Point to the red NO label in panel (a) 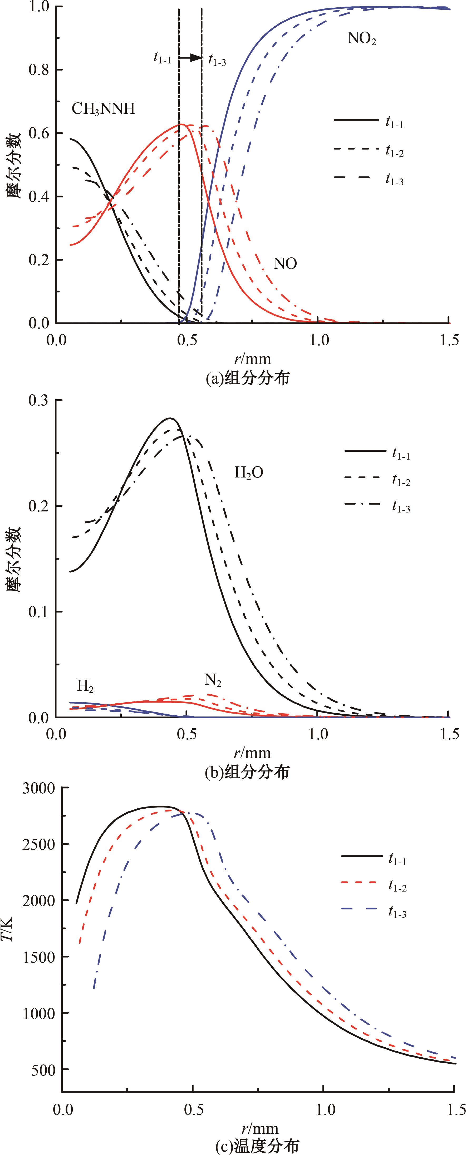pos(285,264)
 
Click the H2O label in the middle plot pos(249,472)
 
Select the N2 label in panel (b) pos(213,681)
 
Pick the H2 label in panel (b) pos(85,686)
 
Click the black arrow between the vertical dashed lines pos(191,58)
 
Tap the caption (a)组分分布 pos(248,378)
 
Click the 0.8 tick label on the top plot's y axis pos(40,70)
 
